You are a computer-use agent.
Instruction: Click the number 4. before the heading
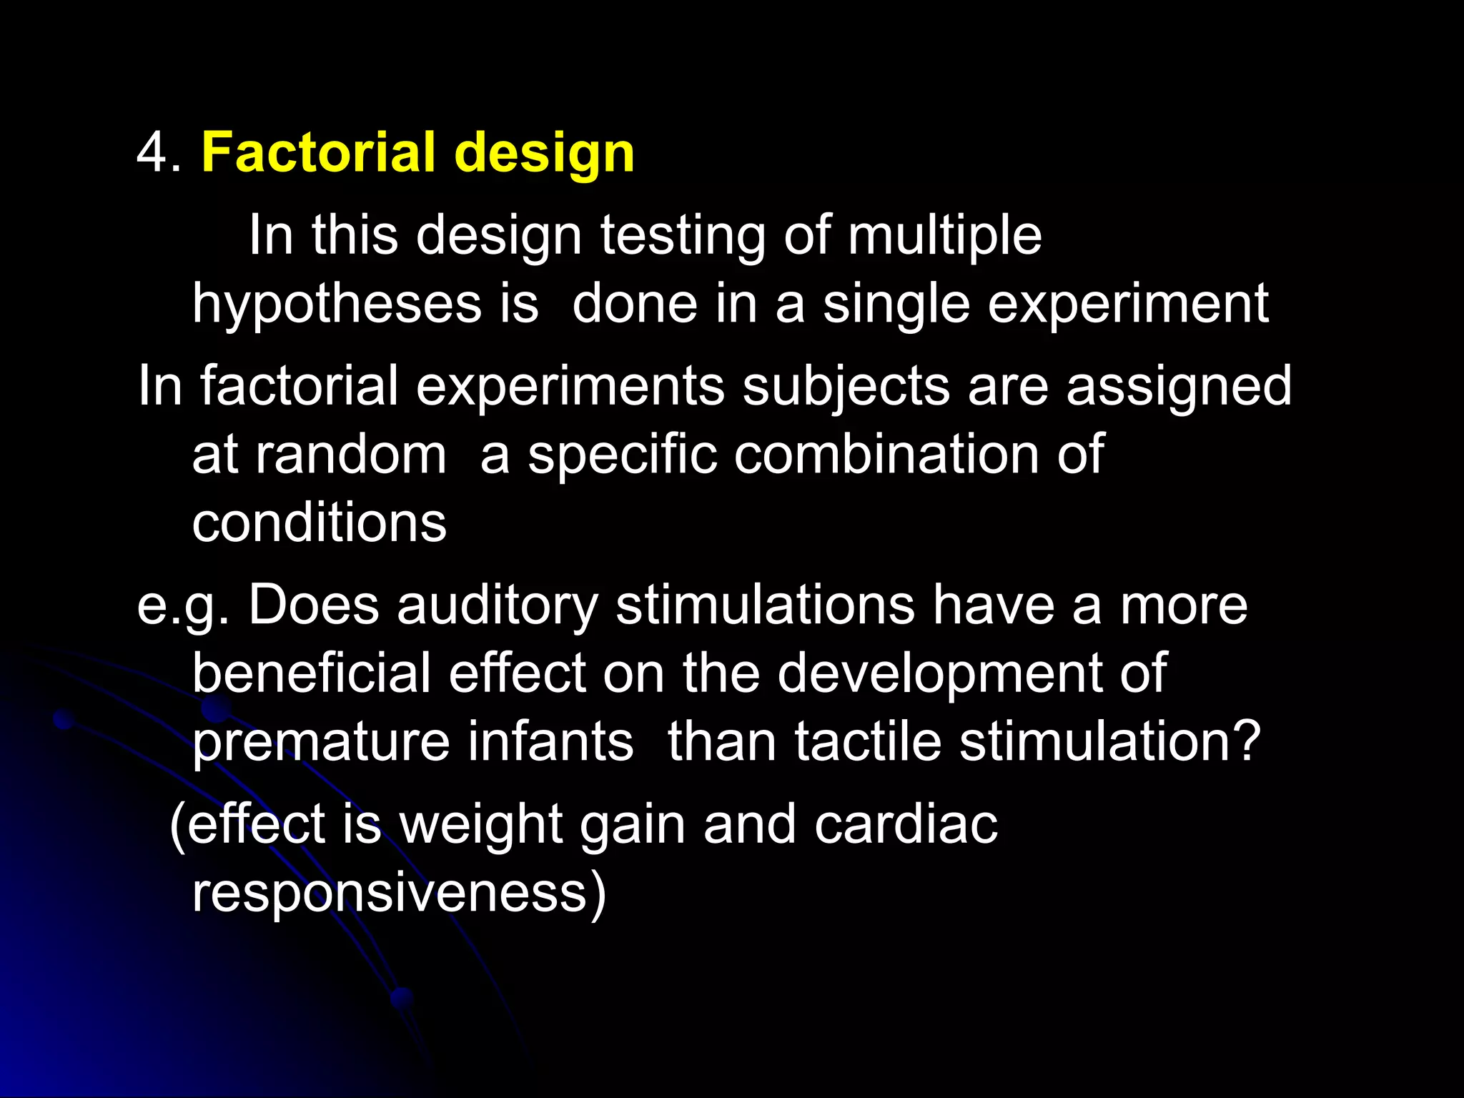(x=158, y=153)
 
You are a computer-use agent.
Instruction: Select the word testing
(x=683, y=236)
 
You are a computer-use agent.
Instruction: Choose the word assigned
(x=1179, y=387)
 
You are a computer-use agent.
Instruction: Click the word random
(x=350, y=455)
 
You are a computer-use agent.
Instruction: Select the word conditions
(x=319, y=523)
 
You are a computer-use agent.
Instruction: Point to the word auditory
(x=498, y=605)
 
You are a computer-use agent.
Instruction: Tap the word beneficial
(x=312, y=673)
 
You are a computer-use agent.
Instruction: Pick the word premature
(x=321, y=742)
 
